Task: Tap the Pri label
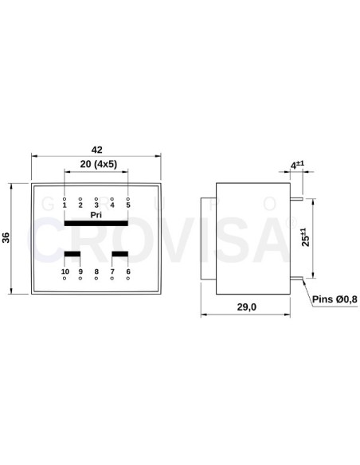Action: point(96,215)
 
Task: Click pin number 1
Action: point(65,205)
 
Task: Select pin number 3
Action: point(96,205)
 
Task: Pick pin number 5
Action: point(128,205)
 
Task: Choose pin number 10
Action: point(65,272)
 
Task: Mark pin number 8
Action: point(96,272)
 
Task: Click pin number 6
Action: point(128,272)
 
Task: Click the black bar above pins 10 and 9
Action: point(72,255)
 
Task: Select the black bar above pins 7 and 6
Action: point(120,255)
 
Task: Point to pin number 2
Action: point(80,205)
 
